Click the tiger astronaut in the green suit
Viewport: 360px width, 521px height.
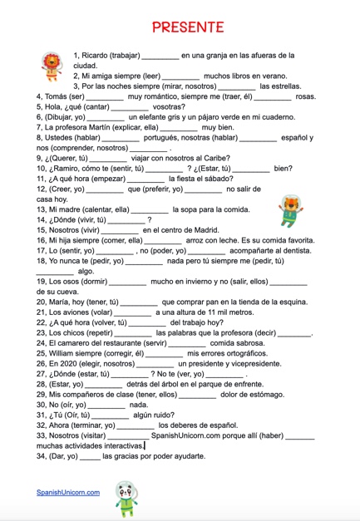291,210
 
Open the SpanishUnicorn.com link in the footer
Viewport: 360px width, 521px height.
67,492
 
